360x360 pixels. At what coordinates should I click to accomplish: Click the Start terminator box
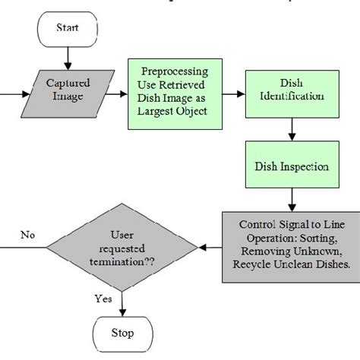[68, 28]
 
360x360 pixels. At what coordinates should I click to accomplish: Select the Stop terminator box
[122, 333]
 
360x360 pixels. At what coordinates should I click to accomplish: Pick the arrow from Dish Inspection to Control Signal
[291, 199]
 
